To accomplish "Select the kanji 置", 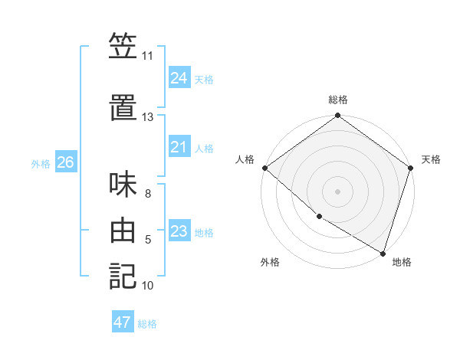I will (123, 107).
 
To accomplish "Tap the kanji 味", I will (123, 184).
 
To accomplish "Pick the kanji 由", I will (123, 230).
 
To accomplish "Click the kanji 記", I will (123, 276).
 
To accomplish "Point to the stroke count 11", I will (147, 56).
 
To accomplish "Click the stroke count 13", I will (147, 117).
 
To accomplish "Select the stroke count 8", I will (148, 194).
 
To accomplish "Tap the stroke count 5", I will (148, 240).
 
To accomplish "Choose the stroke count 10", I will (147, 286).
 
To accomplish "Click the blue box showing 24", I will (179, 77).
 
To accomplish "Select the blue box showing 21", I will (179, 147).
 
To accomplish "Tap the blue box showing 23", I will (179, 231).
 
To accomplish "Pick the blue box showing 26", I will (66, 162).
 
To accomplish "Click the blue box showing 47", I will (123, 322).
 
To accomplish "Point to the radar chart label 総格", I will (338, 100).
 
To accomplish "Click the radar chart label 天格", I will (431, 159).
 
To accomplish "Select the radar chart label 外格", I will (270, 262).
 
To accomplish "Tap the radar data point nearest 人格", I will (264, 168).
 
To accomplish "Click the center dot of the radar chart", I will (338, 191).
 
